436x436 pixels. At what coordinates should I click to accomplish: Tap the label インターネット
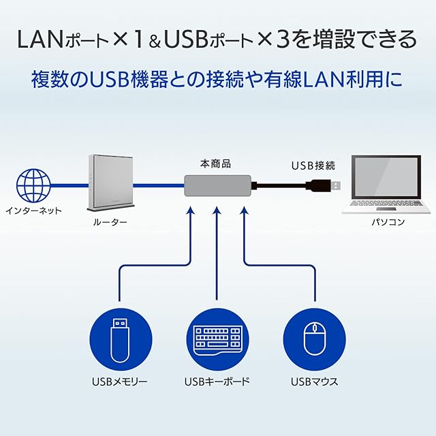tap(33, 211)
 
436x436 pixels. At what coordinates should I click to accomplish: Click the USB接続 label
tap(313, 165)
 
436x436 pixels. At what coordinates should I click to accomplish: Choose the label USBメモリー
tap(120, 381)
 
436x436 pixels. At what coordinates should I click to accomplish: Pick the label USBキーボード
tap(217, 381)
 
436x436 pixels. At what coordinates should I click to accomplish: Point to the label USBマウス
tap(314, 381)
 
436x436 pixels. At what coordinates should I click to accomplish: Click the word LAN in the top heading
tap(40, 40)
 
